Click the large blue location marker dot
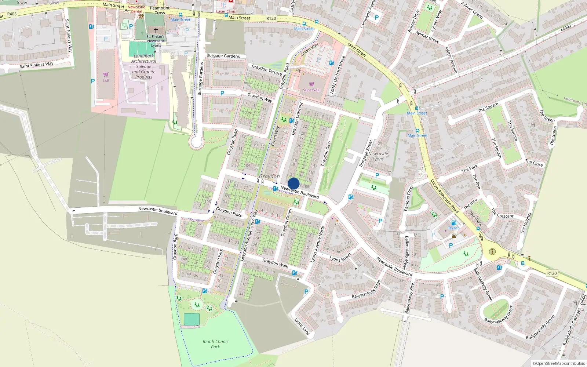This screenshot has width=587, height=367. [x=293, y=183]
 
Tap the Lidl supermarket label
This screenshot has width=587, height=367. [x=106, y=80]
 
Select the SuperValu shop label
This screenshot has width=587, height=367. [x=311, y=90]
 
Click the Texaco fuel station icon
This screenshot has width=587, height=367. [x=453, y=223]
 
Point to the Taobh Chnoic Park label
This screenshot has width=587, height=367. [x=215, y=344]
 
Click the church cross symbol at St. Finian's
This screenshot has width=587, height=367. [x=156, y=30]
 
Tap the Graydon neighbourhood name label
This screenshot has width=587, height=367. [x=269, y=177]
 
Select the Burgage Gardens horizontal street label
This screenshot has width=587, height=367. [x=223, y=56]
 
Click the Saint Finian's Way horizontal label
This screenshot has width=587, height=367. [x=36, y=65]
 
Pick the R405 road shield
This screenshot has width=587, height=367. [x=12, y=14]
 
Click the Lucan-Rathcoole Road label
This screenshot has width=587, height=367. [x=444, y=196]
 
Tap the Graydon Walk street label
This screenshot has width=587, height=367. [x=275, y=263]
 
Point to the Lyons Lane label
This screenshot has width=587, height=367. [x=302, y=326]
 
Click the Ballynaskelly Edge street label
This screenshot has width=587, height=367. [x=366, y=290]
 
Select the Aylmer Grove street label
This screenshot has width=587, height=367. [x=427, y=37]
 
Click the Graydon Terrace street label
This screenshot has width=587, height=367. [x=267, y=70]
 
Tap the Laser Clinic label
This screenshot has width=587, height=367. [x=226, y=11]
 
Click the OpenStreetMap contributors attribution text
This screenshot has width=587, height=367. [x=558, y=363]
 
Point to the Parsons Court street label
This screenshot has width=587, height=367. [x=408, y=198]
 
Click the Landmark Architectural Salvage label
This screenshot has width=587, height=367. [x=143, y=66]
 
